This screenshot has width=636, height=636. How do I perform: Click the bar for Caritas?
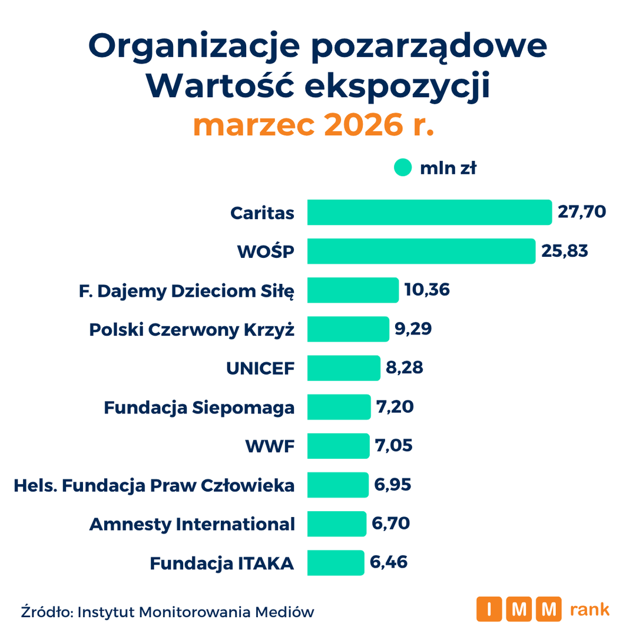[429, 212]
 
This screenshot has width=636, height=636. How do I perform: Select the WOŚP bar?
[422, 251]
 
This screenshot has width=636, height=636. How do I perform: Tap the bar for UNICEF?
[344, 368]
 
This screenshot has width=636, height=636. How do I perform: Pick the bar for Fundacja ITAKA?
[336, 562]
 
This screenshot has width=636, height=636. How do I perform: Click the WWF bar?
[338, 446]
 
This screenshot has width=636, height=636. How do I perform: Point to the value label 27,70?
[582, 212]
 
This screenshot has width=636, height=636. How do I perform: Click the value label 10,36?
[427, 290]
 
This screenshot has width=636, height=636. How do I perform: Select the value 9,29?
[413, 329]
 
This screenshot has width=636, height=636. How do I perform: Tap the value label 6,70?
[390, 524]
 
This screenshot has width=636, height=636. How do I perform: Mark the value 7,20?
[395, 406]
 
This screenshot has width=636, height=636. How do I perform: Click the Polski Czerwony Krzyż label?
[192, 330]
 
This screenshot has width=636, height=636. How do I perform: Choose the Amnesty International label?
[192, 524]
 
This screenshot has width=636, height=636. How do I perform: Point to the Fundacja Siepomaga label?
[199, 408]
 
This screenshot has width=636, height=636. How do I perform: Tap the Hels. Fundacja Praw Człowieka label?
[154, 485]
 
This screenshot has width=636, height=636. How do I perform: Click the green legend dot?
[403, 167]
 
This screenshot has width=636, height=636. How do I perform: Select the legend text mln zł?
[448, 168]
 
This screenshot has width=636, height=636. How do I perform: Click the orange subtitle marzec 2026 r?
[313, 124]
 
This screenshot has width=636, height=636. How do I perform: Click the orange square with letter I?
[489, 609]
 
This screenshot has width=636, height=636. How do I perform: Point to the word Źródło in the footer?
[47, 611]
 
